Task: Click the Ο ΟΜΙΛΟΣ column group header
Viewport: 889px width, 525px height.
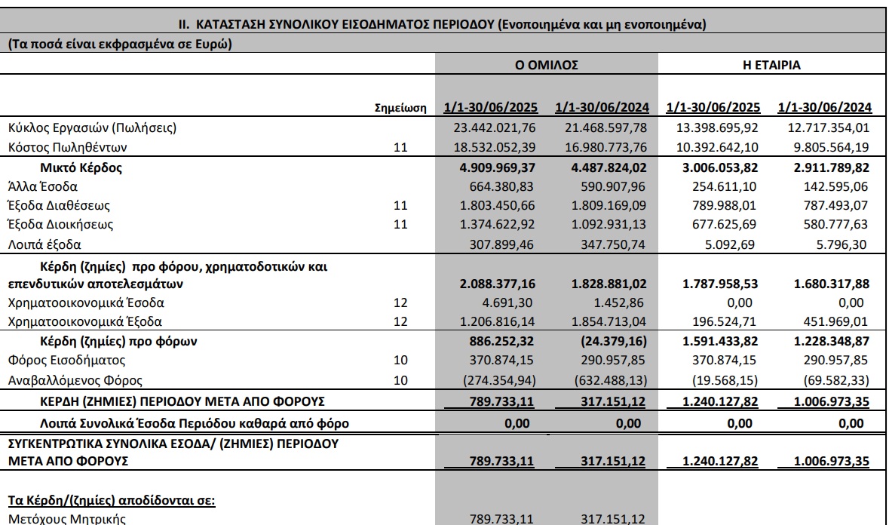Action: coord(547,66)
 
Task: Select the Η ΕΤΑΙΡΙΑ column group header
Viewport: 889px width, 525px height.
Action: coord(771,66)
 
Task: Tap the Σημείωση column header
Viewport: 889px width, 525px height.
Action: coord(400,108)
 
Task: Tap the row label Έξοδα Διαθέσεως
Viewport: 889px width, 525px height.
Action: coord(60,205)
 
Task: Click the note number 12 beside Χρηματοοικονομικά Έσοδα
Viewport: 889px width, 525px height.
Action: coord(400,303)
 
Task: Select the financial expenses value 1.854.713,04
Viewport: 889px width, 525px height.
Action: coord(605,322)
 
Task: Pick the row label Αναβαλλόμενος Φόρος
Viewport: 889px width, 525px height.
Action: coord(64,380)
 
